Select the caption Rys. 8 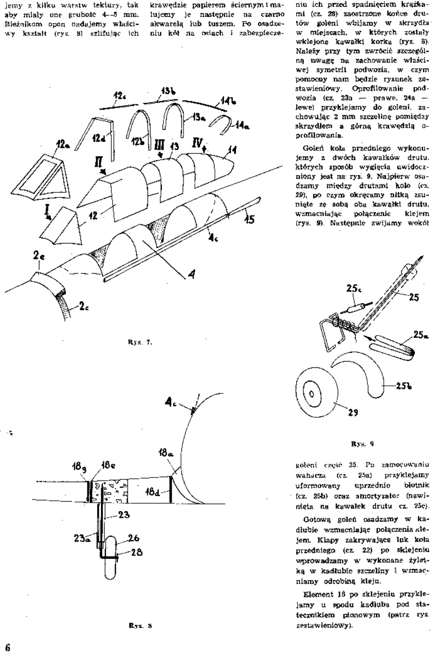coord(145,626)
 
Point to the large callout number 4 coord(191,277)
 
